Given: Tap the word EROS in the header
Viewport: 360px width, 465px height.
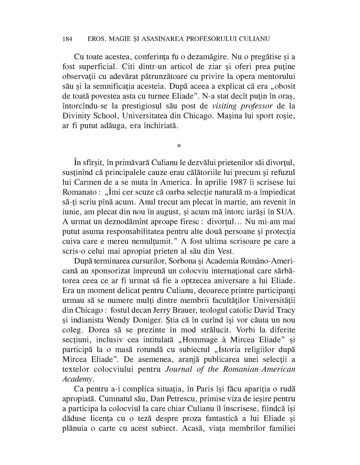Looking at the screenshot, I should point(98,39).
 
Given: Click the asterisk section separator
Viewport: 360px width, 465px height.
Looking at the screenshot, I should point(179,146).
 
